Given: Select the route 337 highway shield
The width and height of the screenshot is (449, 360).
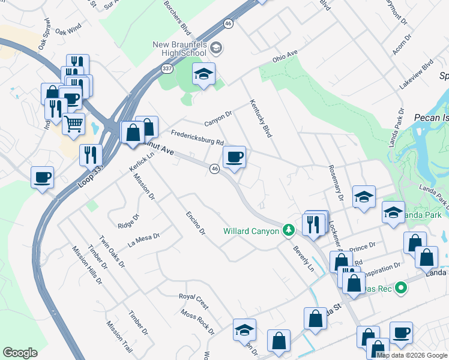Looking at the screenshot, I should coord(167,69).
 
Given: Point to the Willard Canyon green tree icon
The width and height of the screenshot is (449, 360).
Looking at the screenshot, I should coord(289,230).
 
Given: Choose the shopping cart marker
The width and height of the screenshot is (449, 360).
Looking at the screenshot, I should coord(73,124).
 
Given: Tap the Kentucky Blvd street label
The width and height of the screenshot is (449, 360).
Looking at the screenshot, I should coord(261,118).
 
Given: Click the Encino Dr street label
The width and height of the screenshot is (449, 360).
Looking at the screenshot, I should coord(196,223).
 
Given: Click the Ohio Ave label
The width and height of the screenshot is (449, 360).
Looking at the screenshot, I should coord(285,58).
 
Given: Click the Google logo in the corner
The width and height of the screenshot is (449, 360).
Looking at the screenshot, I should coord(20,353).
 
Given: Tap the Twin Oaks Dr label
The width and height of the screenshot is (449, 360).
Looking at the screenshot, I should coord(112,251).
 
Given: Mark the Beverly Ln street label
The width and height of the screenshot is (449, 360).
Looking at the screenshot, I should coord(303,258).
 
